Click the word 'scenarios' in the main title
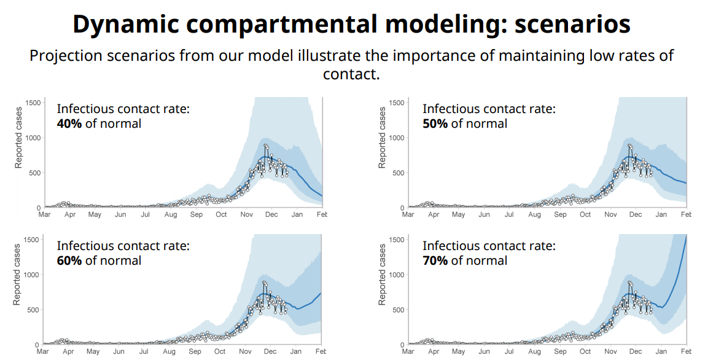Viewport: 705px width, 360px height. (x=572, y=24)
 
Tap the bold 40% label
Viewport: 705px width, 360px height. (x=69, y=123)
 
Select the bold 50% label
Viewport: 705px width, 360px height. (x=435, y=123)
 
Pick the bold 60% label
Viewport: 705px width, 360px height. (x=69, y=260)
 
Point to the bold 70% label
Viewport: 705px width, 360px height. (x=435, y=260)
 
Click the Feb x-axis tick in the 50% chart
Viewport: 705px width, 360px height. (x=686, y=214)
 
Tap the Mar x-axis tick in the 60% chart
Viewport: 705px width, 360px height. (x=43, y=351)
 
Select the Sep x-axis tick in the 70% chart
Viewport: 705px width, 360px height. (x=560, y=351)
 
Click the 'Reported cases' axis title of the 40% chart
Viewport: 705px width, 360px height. (x=19, y=138)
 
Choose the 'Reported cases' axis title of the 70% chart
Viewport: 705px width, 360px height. (x=383, y=275)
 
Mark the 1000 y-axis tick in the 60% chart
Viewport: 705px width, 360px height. (x=31, y=275)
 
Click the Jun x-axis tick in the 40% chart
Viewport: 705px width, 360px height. (x=120, y=214)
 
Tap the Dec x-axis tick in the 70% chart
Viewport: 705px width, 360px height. (x=636, y=351)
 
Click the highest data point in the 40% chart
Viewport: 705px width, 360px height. (x=265, y=146)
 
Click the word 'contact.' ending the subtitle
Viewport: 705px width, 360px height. (x=352, y=74)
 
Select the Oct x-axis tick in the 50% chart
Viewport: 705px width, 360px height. (x=585, y=214)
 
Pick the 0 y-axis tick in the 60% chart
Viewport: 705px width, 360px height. (x=37, y=345)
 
